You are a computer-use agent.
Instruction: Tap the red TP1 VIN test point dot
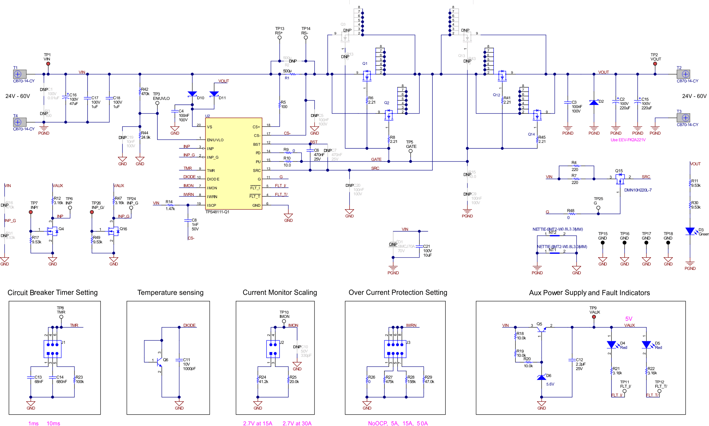[48, 64]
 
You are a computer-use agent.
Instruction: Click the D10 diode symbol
[192, 94]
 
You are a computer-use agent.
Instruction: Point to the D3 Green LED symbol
[690, 231]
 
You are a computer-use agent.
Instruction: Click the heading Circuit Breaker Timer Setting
[52, 292]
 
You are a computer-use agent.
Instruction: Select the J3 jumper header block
[395, 349]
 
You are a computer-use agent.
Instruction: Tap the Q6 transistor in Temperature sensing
[159, 361]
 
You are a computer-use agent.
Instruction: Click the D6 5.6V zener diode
[541, 377]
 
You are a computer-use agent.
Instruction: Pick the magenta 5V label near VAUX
[628, 319]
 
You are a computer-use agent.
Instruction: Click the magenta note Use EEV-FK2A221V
[628, 140]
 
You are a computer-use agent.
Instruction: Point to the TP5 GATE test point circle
[410, 151]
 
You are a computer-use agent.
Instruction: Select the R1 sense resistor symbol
[293, 74]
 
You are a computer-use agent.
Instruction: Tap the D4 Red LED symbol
[611, 344]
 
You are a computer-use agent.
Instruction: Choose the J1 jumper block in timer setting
[52, 349]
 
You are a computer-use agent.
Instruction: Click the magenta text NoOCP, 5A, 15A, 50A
[397, 423]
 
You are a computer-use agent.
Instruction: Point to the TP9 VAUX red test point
[594, 317]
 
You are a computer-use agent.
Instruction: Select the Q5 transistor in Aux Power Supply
[541, 330]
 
